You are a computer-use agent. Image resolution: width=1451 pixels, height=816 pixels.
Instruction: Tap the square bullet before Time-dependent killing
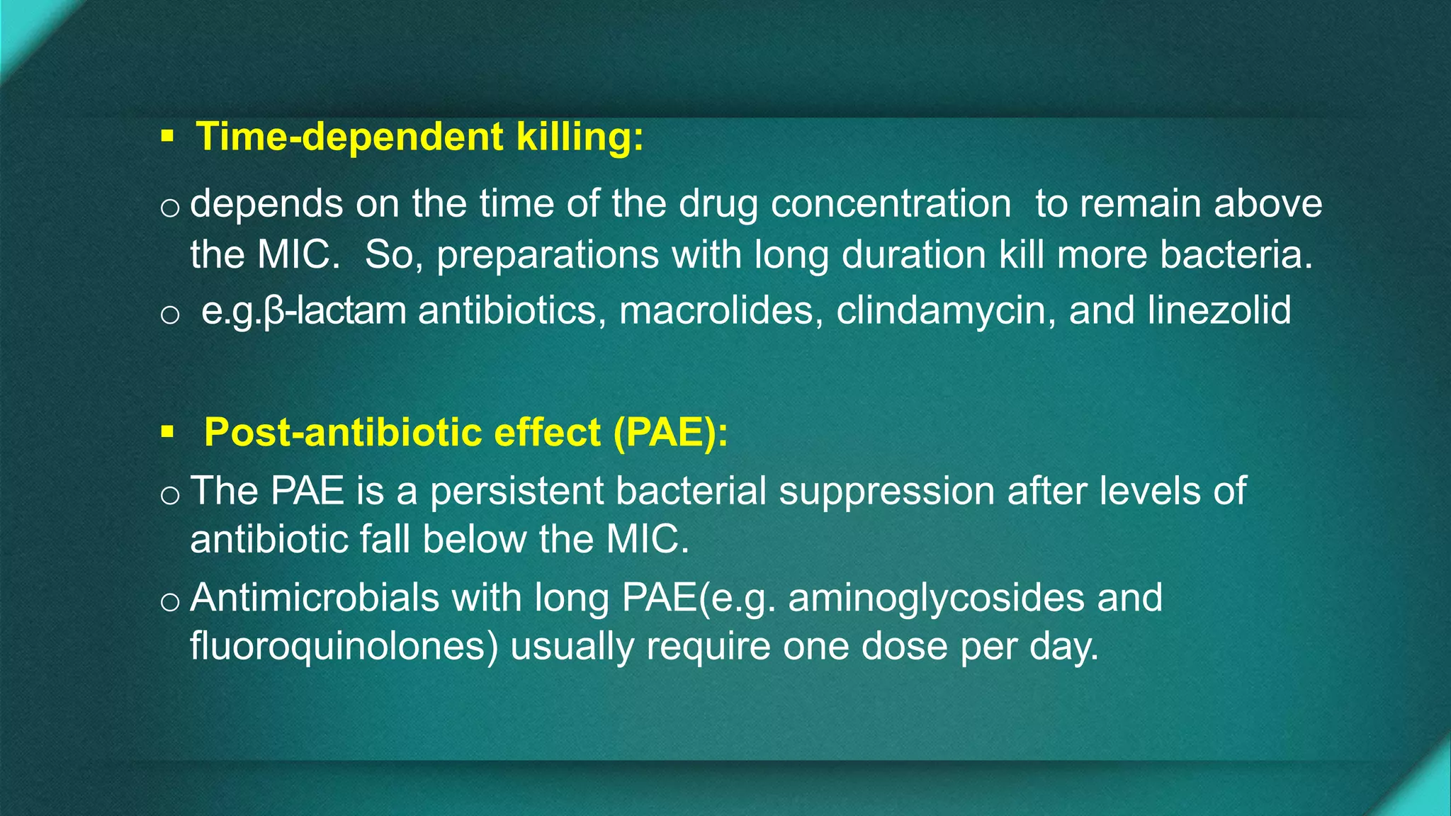tap(167, 135)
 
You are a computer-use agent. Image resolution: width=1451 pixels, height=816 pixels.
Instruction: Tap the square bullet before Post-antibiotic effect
tap(167, 431)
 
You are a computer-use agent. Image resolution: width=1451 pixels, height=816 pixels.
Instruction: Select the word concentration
tap(891, 204)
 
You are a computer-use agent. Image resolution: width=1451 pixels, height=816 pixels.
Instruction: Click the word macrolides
tap(715, 311)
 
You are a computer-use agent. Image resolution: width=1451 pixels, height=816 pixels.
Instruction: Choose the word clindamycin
tap(940, 311)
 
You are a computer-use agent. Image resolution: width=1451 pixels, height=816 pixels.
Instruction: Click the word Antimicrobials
tap(315, 597)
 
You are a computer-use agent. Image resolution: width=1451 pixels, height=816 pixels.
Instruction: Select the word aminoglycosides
tap(936, 597)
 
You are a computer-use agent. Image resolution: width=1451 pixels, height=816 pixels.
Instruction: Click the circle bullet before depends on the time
tap(170, 208)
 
